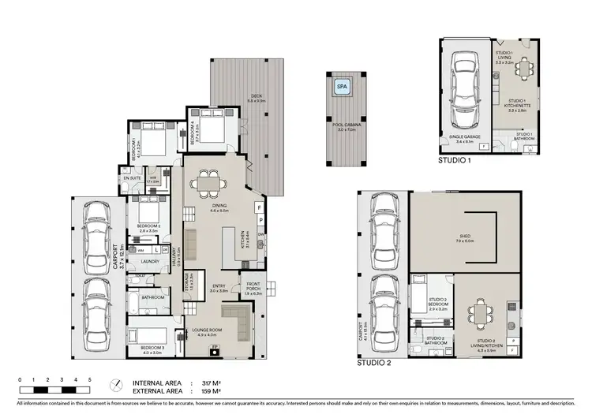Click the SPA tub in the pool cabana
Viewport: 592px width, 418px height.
click(343, 88)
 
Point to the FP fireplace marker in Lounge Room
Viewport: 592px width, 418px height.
click(213, 347)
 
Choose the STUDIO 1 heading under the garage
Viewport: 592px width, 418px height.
click(455, 160)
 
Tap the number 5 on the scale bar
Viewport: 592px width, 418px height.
click(90, 380)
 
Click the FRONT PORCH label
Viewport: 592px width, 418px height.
click(253, 286)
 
